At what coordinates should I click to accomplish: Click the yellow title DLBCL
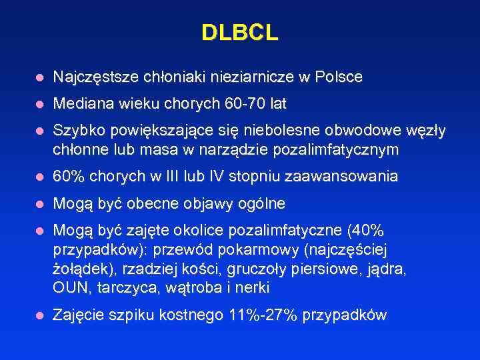click(x=239, y=33)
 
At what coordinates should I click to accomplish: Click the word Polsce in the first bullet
click(x=341, y=77)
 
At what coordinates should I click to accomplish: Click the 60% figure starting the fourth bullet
click(x=67, y=177)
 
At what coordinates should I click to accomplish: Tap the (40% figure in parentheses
click(x=366, y=231)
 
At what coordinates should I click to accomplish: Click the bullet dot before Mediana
click(x=40, y=105)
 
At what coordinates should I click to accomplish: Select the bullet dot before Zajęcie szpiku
click(x=40, y=315)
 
